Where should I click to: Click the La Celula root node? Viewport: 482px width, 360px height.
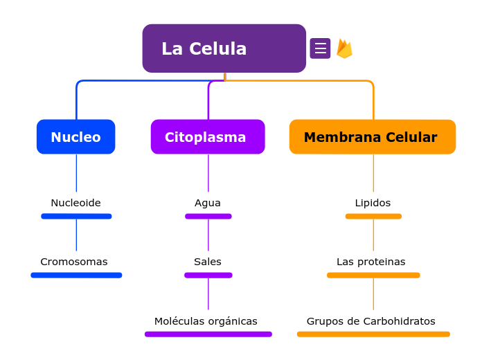[224, 48]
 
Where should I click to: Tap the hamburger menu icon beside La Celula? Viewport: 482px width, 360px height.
[320, 48]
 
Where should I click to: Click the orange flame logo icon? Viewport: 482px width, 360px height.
[344, 48]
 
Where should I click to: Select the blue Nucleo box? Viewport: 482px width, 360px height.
[75, 137]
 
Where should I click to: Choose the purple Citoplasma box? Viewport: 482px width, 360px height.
[208, 137]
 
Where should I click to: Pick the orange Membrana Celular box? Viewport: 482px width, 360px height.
[372, 137]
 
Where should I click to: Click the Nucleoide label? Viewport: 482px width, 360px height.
[75, 203]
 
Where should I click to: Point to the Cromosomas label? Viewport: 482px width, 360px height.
[74, 262]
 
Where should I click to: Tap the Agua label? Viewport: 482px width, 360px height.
[208, 203]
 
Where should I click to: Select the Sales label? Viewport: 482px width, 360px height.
[208, 262]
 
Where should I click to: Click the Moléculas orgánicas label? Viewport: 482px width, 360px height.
[206, 321]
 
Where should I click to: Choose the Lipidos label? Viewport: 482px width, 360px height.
[373, 203]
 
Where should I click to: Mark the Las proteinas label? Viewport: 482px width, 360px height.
[371, 262]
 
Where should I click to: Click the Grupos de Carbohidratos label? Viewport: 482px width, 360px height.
[371, 321]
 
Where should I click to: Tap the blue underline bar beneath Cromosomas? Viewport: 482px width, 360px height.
[76, 276]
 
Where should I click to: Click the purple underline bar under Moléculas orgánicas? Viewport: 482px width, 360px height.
[208, 334]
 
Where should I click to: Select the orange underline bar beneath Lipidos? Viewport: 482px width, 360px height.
[373, 217]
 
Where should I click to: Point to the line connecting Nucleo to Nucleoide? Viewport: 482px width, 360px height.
[76, 173]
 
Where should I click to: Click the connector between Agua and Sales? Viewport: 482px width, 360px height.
[208, 235]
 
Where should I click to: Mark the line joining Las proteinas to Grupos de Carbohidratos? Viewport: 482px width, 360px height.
[373, 294]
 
